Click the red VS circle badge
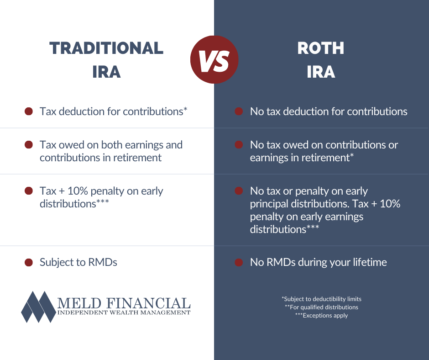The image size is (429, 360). (x=214, y=60)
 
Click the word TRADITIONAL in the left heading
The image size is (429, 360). (x=106, y=48)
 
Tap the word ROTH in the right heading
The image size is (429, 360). (x=321, y=48)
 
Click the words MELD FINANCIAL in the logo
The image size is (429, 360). (x=124, y=302)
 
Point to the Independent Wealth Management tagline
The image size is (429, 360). (x=124, y=312)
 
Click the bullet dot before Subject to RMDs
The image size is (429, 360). (x=29, y=262)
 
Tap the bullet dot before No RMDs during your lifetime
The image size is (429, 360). (x=238, y=262)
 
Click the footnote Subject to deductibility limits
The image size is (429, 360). (x=321, y=299)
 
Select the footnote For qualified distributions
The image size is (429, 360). (x=321, y=307)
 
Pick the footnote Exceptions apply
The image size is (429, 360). (x=321, y=315)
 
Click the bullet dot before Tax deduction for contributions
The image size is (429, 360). (x=29, y=111)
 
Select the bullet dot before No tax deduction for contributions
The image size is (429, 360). (x=238, y=111)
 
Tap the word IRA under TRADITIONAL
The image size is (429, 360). (x=106, y=72)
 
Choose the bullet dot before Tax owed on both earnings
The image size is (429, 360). (x=29, y=145)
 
